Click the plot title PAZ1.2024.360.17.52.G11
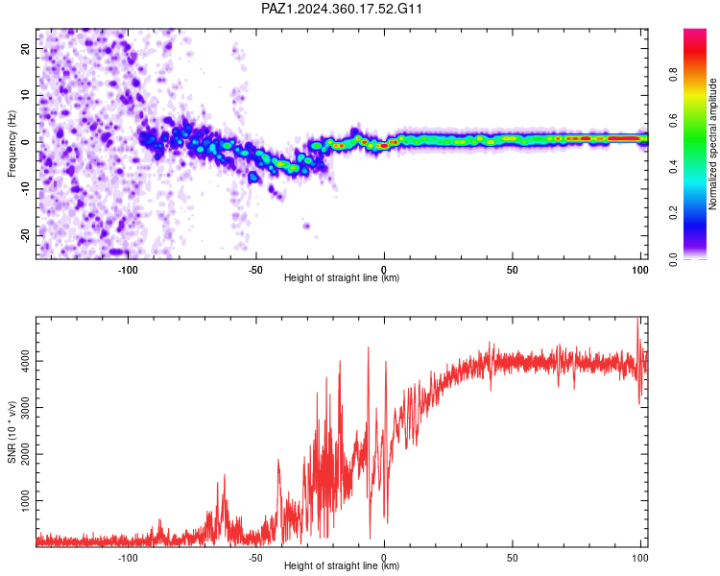click(341, 9)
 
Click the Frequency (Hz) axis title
click(12, 144)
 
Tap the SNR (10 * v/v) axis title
click(12, 432)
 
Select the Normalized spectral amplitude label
click(712, 144)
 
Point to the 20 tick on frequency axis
click(26, 48)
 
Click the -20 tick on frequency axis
click(26, 235)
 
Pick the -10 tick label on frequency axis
click(26, 189)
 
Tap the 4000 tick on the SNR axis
click(26, 361)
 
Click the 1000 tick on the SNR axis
click(26, 501)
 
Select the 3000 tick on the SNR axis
click(26, 407)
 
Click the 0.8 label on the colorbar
click(673, 75)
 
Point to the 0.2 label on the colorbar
click(673, 213)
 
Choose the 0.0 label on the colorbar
click(673, 259)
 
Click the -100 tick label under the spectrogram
click(128, 270)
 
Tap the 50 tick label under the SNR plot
click(513, 558)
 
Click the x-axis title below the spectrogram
click(342, 277)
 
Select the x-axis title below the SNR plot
click(342, 565)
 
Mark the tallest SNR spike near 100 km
click(637, 318)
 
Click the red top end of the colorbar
click(695, 31)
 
